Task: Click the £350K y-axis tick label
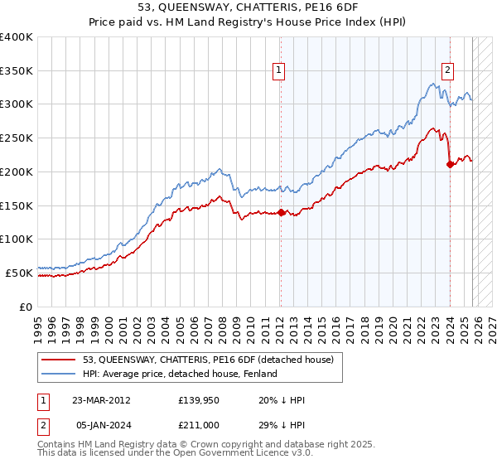(17, 70)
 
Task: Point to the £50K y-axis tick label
(19, 273)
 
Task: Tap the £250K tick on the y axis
(17, 138)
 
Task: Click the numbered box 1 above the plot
(280, 71)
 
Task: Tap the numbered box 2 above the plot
(447, 71)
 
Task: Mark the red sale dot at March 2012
(281, 212)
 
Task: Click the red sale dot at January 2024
(450, 164)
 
